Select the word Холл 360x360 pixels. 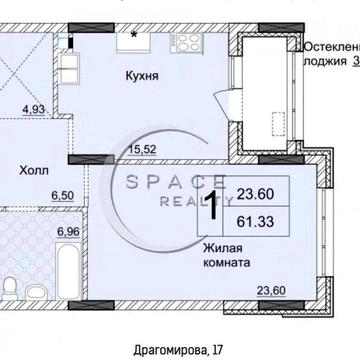pos(33,170)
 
